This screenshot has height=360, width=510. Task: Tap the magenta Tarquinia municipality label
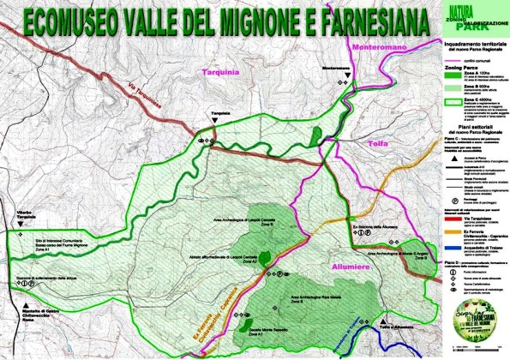coord(223,74)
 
